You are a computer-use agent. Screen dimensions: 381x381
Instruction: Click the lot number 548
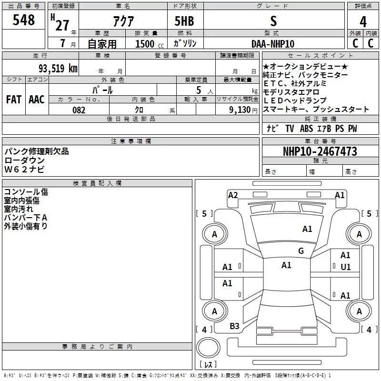pos(24,20)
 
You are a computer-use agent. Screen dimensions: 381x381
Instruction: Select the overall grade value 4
pos(363,22)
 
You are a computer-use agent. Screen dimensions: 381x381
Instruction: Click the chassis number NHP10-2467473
pos(320,151)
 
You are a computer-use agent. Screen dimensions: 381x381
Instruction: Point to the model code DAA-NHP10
pos(273,44)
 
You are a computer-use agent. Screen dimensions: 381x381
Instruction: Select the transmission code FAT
pos(13,100)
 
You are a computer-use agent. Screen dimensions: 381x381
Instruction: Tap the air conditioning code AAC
pos(37,100)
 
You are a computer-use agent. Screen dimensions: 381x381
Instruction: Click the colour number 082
pos(79,110)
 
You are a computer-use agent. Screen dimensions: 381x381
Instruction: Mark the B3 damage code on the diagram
pos(234,326)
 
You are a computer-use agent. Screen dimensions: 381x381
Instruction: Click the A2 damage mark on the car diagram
pos(233,195)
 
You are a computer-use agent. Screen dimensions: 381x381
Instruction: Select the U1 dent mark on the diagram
pos(345,267)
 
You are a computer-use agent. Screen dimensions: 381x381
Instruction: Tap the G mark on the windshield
pos(301,251)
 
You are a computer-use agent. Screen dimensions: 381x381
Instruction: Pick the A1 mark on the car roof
pos(286,265)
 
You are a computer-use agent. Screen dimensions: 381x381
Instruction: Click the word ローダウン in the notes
pos(24,160)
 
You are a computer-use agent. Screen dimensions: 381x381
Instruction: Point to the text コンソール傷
pos(26,192)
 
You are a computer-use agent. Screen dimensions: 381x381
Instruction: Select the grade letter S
pos(273,21)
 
